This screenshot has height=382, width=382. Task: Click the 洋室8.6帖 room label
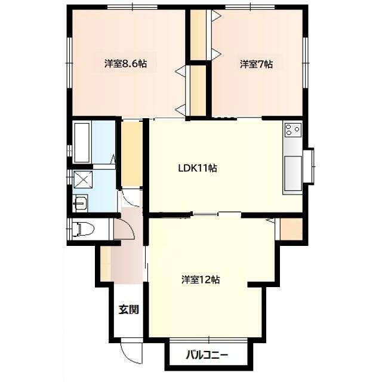(x=125, y=64)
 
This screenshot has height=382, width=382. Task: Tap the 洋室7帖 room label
(x=256, y=64)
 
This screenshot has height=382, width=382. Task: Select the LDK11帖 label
(x=198, y=168)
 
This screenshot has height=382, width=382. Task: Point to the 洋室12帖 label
(x=201, y=279)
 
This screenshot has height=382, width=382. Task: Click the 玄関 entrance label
(x=129, y=310)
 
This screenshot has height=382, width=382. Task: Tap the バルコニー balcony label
(x=207, y=355)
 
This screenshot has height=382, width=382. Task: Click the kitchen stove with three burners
(x=293, y=130)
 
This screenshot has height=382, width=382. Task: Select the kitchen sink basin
(x=293, y=173)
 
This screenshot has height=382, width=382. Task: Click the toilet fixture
(x=84, y=229)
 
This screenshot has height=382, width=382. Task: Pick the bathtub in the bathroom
(x=82, y=143)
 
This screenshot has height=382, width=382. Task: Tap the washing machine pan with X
(x=83, y=180)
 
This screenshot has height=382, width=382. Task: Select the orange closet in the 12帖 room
(x=291, y=229)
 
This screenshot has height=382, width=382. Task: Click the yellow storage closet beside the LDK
(x=132, y=154)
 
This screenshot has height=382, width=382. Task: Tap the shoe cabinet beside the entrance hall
(x=106, y=264)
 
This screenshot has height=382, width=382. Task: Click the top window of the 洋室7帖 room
(x=250, y=7)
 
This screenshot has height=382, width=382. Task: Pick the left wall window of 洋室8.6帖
(x=69, y=63)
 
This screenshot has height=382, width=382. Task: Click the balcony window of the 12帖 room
(x=208, y=340)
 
